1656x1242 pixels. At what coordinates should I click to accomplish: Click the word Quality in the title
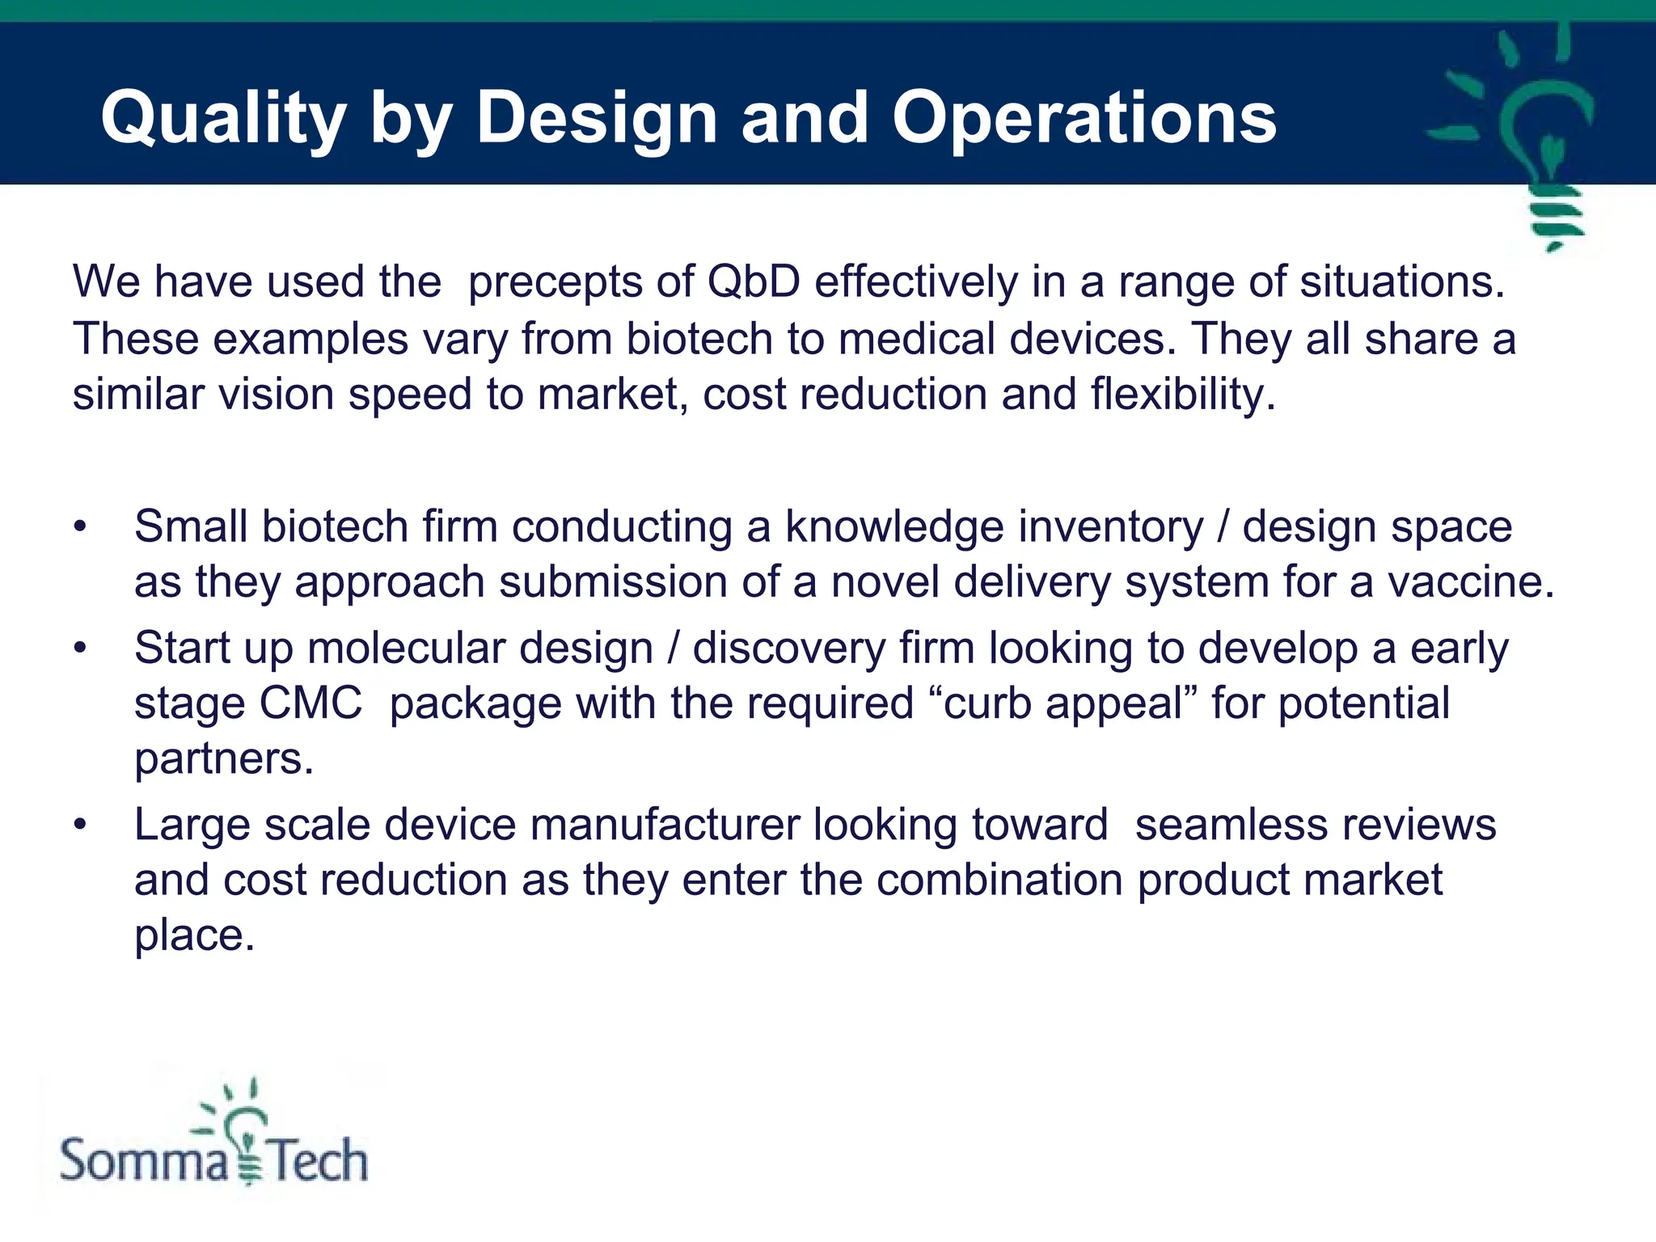pos(223,119)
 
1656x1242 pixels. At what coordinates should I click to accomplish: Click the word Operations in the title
pos(1084,119)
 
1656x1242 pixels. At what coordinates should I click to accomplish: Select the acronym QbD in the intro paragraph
pos(753,282)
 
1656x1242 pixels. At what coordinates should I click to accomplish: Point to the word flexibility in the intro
pos(1182,395)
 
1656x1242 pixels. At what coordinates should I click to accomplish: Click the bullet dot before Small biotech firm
pos(79,527)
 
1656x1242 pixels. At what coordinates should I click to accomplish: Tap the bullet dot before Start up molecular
pos(79,648)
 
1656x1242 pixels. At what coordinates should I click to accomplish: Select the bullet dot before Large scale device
pos(79,825)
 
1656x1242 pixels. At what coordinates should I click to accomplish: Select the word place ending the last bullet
pos(194,936)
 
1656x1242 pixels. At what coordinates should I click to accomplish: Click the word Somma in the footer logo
pos(144,1161)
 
